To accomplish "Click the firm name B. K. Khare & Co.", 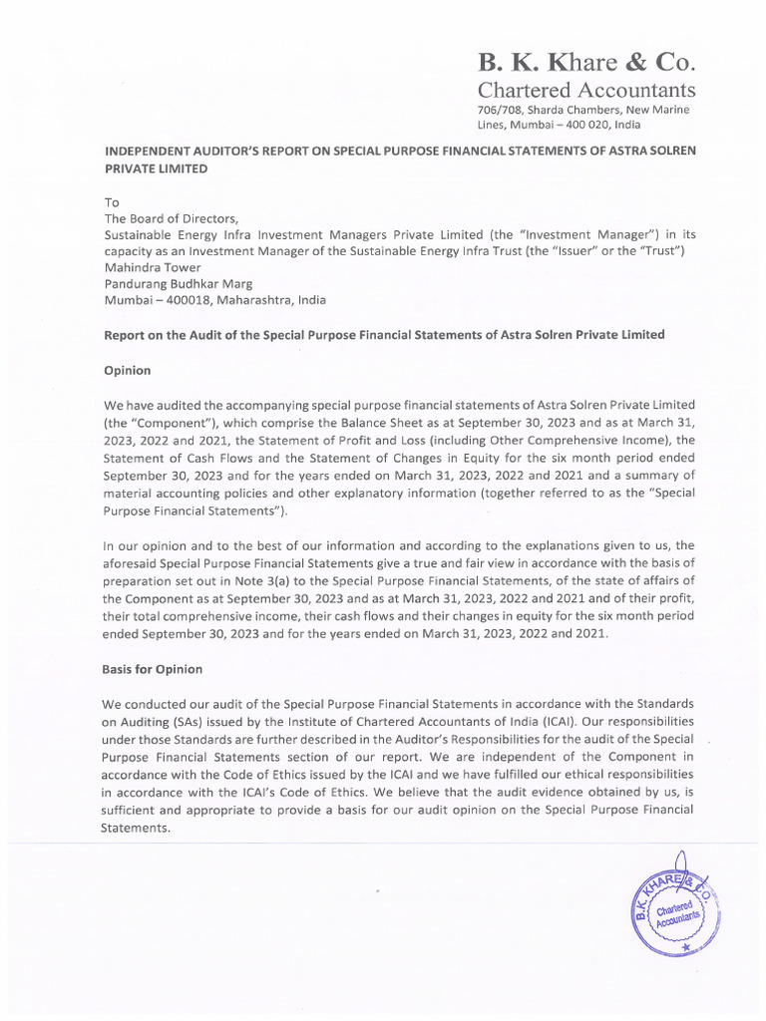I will coord(585,63).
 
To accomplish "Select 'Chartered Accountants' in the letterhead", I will coord(586,92).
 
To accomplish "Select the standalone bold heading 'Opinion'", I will coord(128,370).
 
